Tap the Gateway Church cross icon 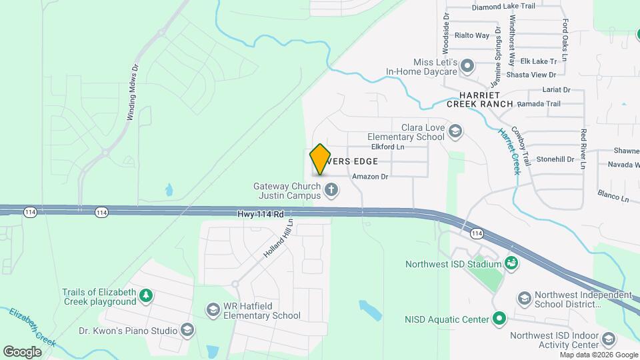[x=331, y=191]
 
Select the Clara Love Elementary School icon [x=455, y=130]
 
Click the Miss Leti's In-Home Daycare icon [x=468, y=65]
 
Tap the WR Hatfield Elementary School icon [x=213, y=309]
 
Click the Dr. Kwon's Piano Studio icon [x=188, y=330]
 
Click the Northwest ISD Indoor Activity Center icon [x=608, y=339]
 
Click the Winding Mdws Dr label [x=133, y=92]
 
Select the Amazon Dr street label [x=370, y=177]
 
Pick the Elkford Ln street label [x=387, y=147]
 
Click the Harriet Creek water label [x=509, y=151]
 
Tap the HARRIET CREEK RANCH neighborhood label [x=480, y=99]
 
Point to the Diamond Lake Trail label [x=503, y=7]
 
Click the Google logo [x=22, y=351]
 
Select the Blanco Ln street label [x=613, y=197]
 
